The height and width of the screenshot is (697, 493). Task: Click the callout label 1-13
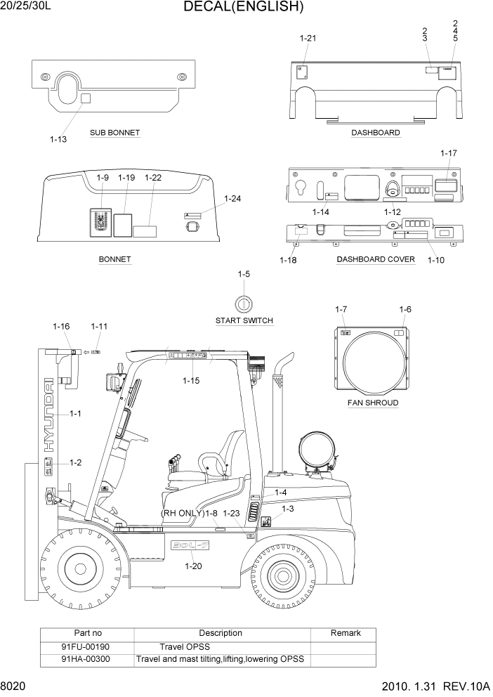pyautogui.click(x=58, y=139)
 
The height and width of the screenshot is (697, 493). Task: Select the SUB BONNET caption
pyautogui.click(x=114, y=133)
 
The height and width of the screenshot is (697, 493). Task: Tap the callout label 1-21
pyautogui.click(x=308, y=38)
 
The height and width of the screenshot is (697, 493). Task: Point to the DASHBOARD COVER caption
pyautogui.click(x=376, y=259)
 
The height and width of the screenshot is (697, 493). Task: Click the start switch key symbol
pyautogui.click(x=243, y=304)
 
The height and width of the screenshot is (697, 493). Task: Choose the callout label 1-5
pyautogui.click(x=244, y=274)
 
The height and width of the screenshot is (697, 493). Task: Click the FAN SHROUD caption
pyautogui.click(x=373, y=403)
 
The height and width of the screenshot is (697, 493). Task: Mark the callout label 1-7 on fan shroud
pyautogui.click(x=341, y=310)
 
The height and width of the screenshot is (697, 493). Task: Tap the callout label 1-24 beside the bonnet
pyautogui.click(x=232, y=199)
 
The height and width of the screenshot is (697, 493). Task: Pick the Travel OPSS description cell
pyautogui.click(x=185, y=646)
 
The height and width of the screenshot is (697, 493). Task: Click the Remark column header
pyautogui.click(x=346, y=633)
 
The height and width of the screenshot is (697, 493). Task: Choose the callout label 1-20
pyautogui.click(x=193, y=566)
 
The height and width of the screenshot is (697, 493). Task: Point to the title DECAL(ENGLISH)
pyautogui.click(x=243, y=8)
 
